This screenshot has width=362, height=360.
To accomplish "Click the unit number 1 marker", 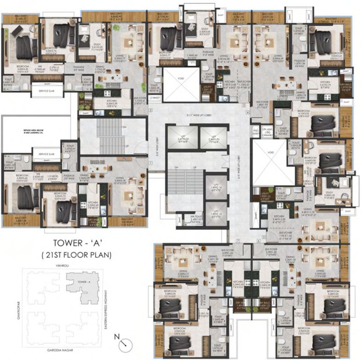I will click(151, 161).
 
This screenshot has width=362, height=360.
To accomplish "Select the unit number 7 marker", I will click(237, 241).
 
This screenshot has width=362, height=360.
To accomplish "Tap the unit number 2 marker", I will click(151, 109).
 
